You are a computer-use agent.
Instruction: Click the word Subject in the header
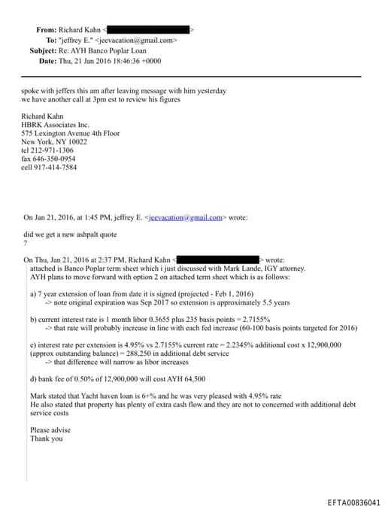point(43,50)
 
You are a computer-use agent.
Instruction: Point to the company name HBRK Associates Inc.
point(56,125)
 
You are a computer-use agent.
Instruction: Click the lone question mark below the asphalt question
point(26,242)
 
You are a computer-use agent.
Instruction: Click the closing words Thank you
point(47,439)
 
